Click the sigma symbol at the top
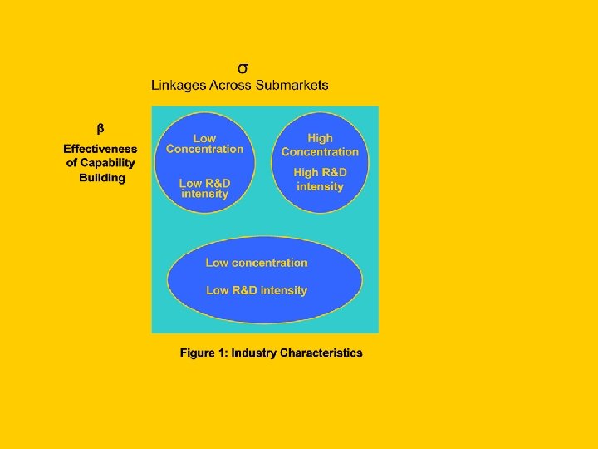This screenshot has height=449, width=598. pyautogui.click(x=242, y=67)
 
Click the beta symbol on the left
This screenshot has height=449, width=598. pyautogui.click(x=100, y=129)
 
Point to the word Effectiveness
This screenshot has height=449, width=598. pyautogui.click(x=100, y=149)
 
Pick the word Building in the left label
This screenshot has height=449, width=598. pyautogui.click(x=102, y=177)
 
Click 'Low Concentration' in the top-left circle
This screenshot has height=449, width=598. pyautogui.click(x=204, y=144)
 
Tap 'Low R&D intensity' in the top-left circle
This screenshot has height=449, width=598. pyautogui.click(x=204, y=188)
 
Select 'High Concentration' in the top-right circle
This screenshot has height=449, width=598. pyautogui.click(x=320, y=145)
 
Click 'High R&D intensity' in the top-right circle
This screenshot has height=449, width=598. pyautogui.click(x=320, y=180)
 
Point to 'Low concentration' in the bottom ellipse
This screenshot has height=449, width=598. pyautogui.click(x=257, y=263)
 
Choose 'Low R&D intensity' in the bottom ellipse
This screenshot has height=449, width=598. pyautogui.click(x=257, y=290)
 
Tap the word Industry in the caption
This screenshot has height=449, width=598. pyautogui.click(x=254, y=353)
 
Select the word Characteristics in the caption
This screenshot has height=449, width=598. pyautogui.click(x=321, y=353)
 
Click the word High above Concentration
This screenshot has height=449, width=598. pyautogui.click(x=320, y=138)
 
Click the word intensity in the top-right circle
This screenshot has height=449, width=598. pyautogui.click(x=320, y=186)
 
